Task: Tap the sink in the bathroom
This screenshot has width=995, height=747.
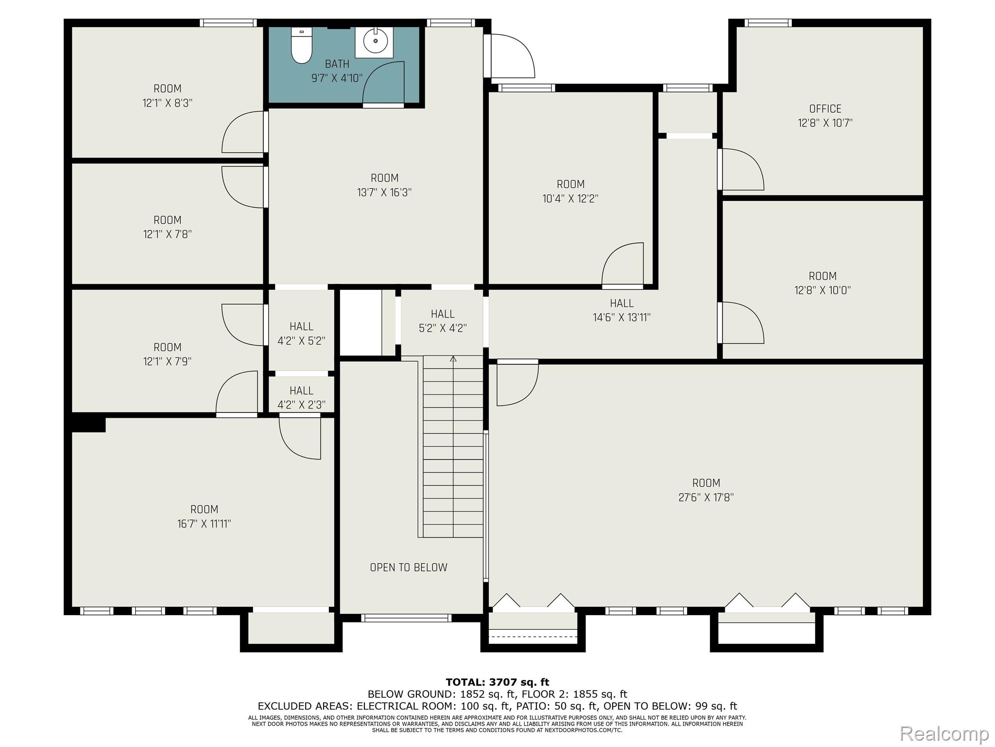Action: (x=376, y=42)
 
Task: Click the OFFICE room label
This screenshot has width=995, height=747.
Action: (x=825, y=109)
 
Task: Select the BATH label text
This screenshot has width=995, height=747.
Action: (x=337, y=64)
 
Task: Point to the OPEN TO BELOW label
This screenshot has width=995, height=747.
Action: (x=409, y=568)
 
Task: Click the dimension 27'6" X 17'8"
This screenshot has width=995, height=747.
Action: (x=706, y=498)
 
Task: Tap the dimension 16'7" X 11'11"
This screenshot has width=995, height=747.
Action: (x=204, y=524)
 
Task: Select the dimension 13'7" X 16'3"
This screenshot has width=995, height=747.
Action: (x=384, y=193)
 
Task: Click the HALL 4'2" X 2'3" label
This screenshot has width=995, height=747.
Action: (x=301, y=398)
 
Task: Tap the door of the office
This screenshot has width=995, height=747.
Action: (x=741, y=169)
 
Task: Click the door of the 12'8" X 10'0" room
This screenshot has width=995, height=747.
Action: (x=741, y=323)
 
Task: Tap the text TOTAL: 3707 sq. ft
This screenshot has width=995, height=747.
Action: (x=497, y=682)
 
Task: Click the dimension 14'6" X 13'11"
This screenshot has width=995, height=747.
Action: (x=622, y=318)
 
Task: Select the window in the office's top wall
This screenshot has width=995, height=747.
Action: (x=768, y=23)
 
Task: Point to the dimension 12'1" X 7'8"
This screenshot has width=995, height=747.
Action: (x=168, y=234)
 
